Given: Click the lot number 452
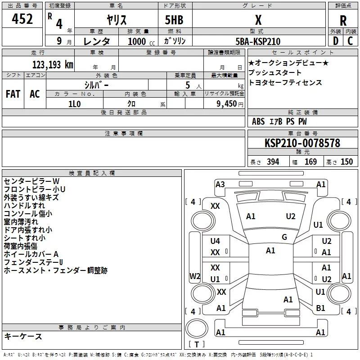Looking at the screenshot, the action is pos(22,19).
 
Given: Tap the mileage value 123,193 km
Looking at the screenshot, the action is pos(53,65).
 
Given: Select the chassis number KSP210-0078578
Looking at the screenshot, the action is pos(302,143).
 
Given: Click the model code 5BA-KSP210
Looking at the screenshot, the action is pos(258,41).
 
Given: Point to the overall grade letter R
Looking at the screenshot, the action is pos(343,21).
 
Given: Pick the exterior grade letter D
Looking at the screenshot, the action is pos(336,41).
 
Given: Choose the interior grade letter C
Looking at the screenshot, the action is pos(350,41).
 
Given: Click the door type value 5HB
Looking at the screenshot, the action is pos(174,20).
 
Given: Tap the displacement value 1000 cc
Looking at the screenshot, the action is pos(141,41).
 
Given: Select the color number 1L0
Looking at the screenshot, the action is pos(75,104).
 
